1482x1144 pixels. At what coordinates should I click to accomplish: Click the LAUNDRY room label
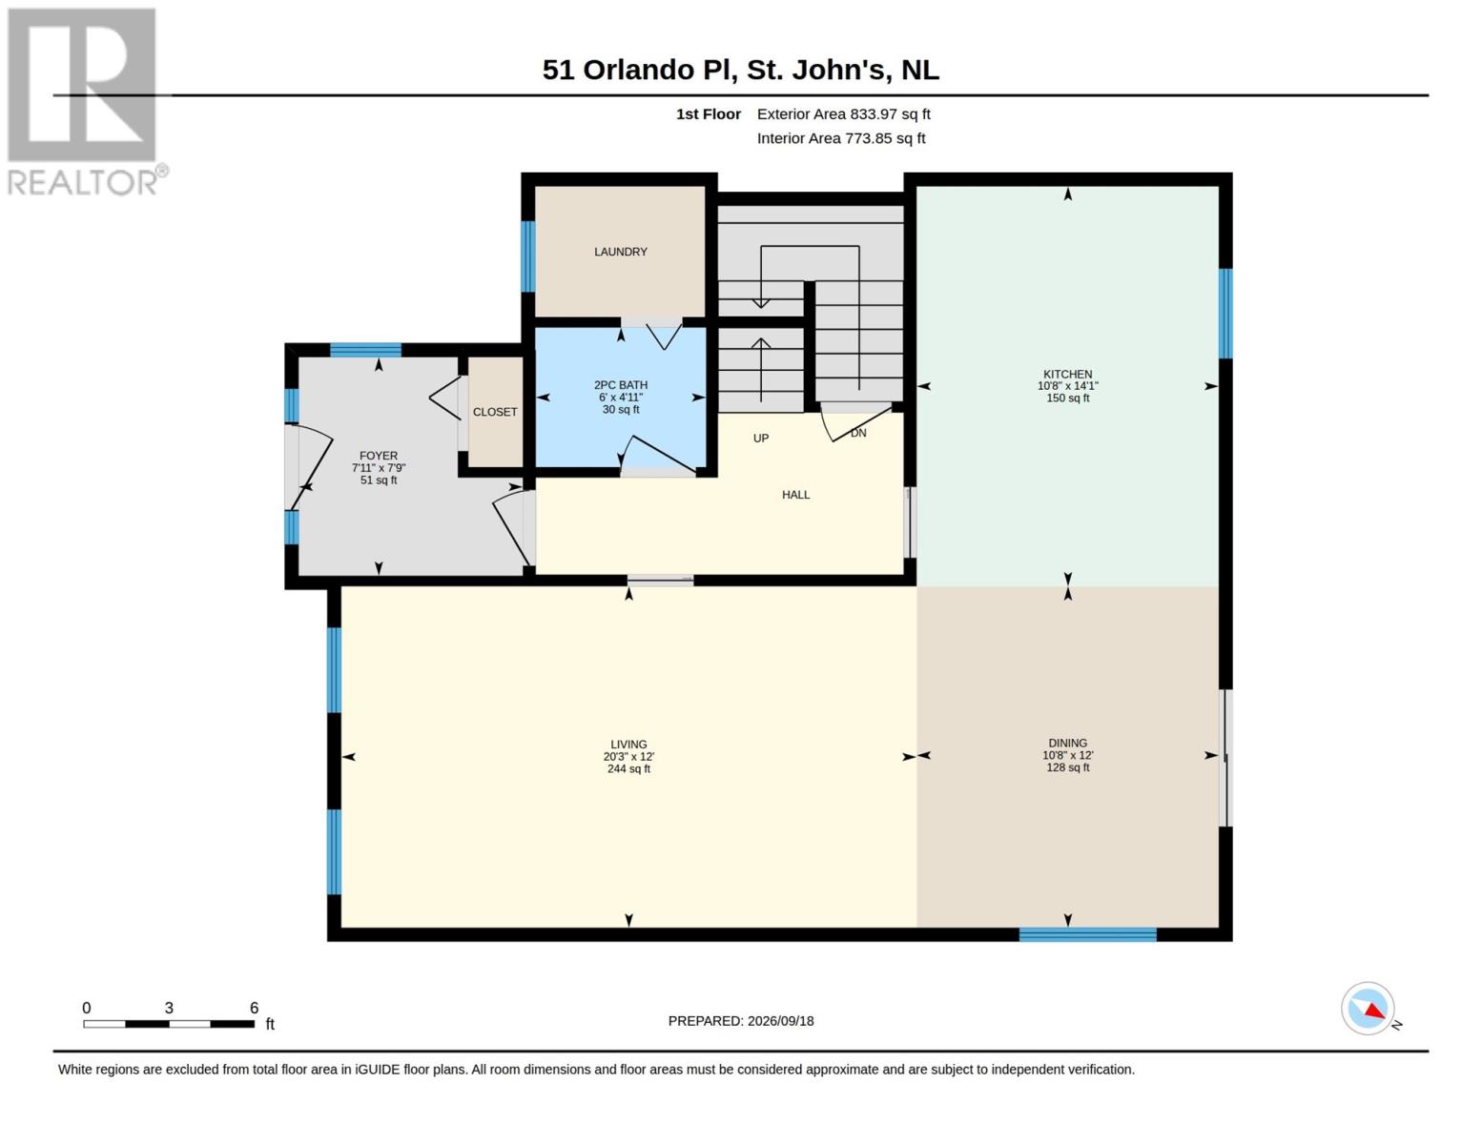coord(620,252)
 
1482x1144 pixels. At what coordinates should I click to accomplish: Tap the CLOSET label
coord(494,412)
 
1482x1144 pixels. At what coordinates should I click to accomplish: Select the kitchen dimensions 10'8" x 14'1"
coord(1067,386)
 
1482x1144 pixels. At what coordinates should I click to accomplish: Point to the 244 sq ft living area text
coord(628,769)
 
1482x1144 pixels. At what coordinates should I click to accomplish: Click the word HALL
coord(795,495)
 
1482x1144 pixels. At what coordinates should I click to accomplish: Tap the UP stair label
coord(760,439)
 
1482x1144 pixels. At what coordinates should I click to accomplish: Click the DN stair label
coord(858,433)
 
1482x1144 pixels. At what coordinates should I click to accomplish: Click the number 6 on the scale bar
coord(254,1008)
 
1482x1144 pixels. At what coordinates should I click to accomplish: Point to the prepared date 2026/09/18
coord(780,1021)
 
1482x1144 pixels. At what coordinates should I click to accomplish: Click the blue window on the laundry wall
coord(527,257)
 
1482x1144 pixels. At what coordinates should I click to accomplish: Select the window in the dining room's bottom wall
coord(1087,934)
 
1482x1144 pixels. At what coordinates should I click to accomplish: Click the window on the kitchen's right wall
coord(1225,314)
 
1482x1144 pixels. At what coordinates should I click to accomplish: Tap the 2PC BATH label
coord(620,385)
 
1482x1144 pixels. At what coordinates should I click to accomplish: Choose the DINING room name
coord(1067,743)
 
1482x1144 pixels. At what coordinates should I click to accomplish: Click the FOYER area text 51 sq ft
coord(378,480)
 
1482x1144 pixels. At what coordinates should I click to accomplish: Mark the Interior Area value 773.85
coord(869,138)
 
